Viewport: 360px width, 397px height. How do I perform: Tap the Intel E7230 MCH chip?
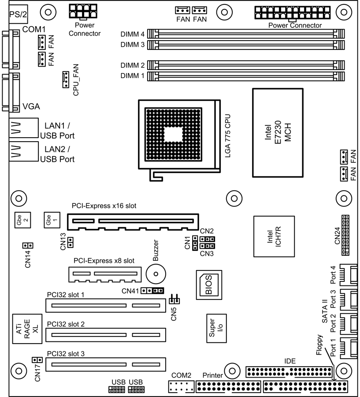(277, 133)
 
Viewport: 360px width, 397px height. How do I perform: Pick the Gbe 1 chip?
(51, 219)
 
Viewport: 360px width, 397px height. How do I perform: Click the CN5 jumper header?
(174, 300)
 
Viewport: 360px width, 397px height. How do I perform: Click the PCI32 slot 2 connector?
(106, 335)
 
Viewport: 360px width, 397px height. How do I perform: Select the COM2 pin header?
(182, 387)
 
